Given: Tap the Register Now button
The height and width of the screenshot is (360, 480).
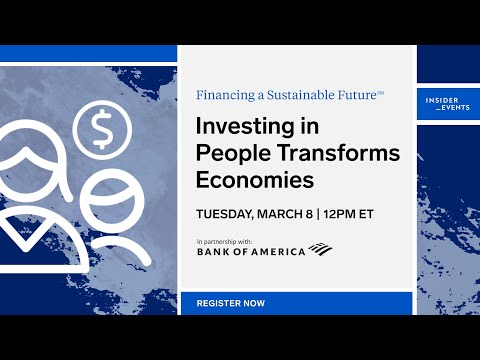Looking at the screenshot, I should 231,302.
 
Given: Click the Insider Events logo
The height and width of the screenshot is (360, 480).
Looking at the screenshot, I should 444,105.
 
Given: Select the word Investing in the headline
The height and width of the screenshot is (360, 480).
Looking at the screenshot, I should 244,129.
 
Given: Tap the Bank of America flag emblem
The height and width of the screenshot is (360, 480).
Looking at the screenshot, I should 321,249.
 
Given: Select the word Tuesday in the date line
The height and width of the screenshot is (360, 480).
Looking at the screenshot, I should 228,213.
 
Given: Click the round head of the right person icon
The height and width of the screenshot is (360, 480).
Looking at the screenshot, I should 128,202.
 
